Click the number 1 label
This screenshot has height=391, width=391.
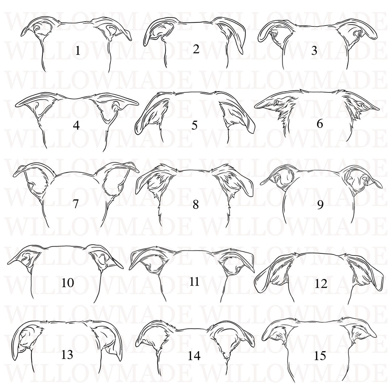pos(77,51)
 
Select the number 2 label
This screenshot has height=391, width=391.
pos(196,49)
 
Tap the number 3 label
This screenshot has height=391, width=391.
pos(314,51)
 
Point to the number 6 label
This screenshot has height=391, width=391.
pos(320,124)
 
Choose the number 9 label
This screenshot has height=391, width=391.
pos(320,205)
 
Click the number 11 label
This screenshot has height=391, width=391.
pos(194,282)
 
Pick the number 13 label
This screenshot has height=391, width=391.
pos(67,354)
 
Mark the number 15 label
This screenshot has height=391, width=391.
pos(320,356)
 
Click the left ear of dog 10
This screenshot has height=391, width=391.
pos(25,259)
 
